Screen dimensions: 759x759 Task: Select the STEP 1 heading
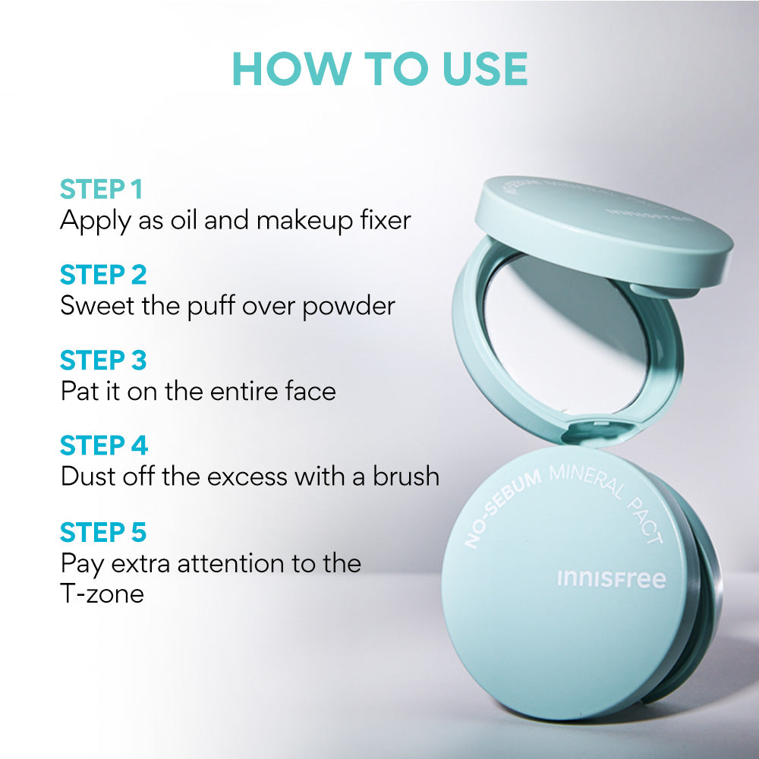tap(101, 189)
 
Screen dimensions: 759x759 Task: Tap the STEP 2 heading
tap(103, 274)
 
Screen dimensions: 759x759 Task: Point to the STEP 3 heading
tap(103, 360)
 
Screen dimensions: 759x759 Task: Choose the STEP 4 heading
tap(104, 446)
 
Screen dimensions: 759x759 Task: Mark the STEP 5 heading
tap(103, 532)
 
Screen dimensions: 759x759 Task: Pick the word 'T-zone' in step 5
tap(102, 593)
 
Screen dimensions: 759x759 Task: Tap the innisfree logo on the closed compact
tap(611, 579)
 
